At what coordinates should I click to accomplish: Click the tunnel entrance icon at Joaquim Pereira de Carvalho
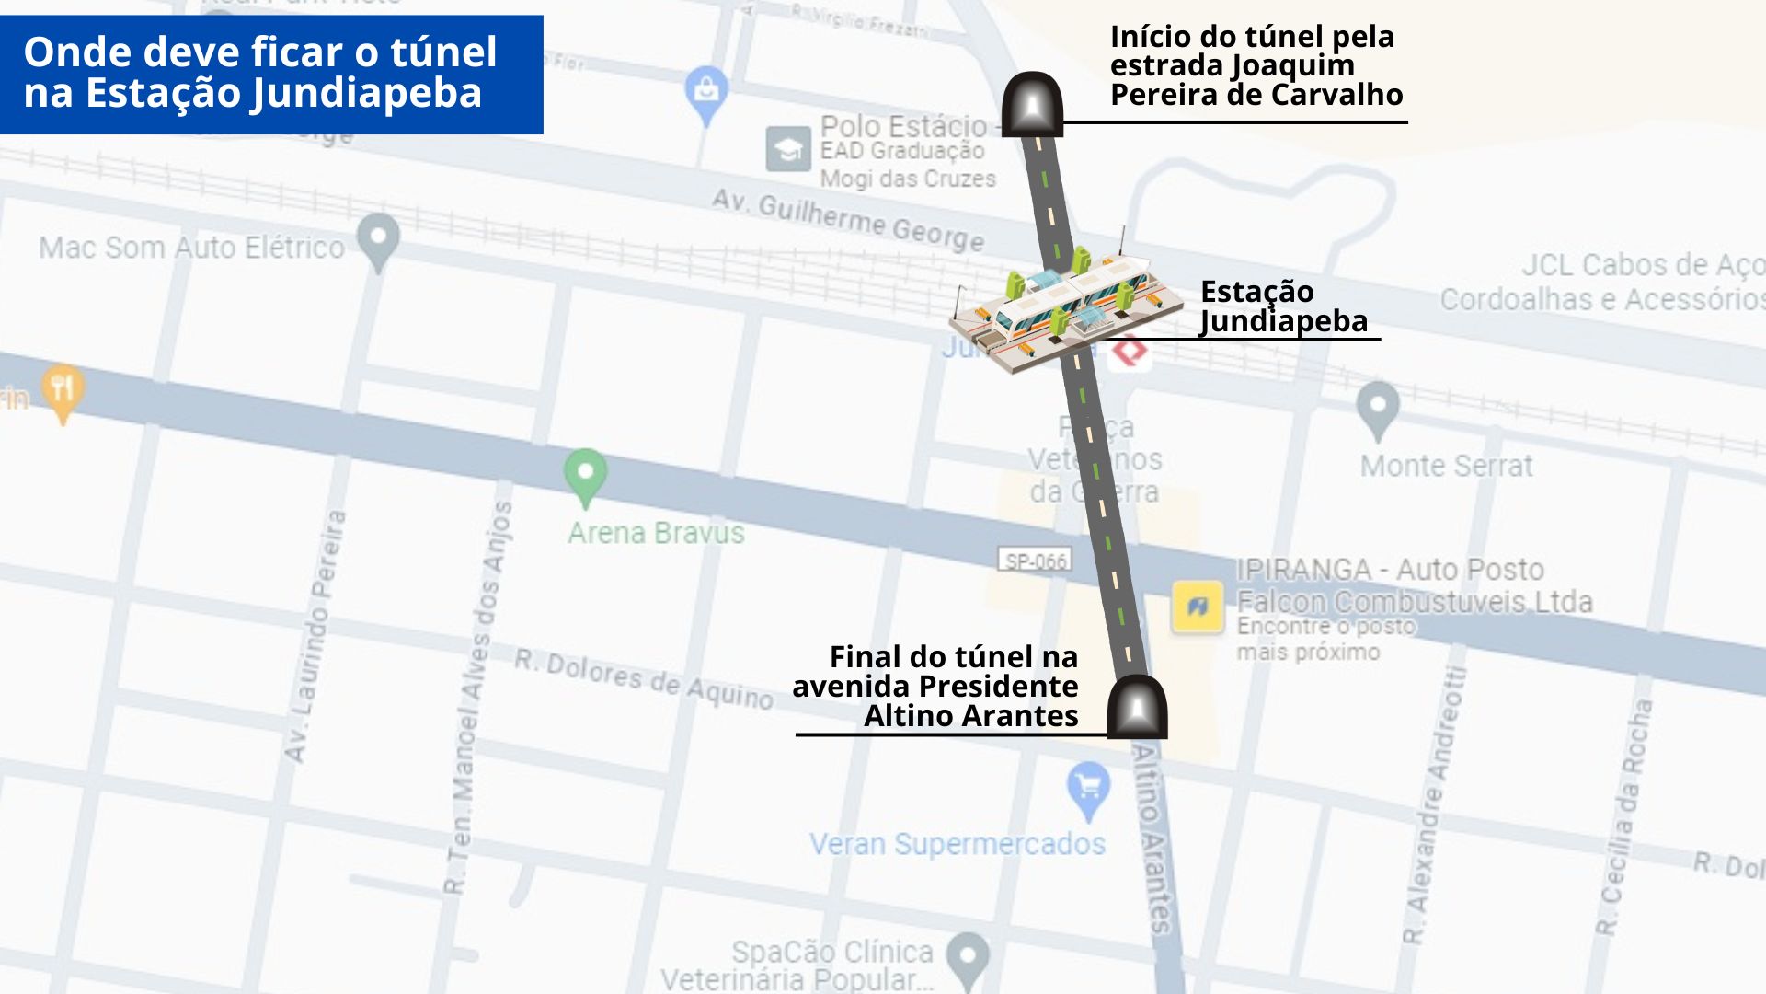pos(1032,104)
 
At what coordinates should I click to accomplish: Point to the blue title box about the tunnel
pos(271,74)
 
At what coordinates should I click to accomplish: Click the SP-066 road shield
pos(1036,561)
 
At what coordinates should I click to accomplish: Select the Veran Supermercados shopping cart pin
pos(1089,789)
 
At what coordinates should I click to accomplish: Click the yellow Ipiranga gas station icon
pos(1197,607)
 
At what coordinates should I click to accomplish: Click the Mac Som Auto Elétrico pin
pos(378,239)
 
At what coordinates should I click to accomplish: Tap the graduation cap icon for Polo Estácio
pos(788,149)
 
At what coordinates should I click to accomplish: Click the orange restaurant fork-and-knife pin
pos(63,391)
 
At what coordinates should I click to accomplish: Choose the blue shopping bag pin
pos(706,92)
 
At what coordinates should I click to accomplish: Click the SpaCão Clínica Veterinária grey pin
pos(968,958)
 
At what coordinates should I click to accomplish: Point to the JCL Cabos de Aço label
pos(1641,266)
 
